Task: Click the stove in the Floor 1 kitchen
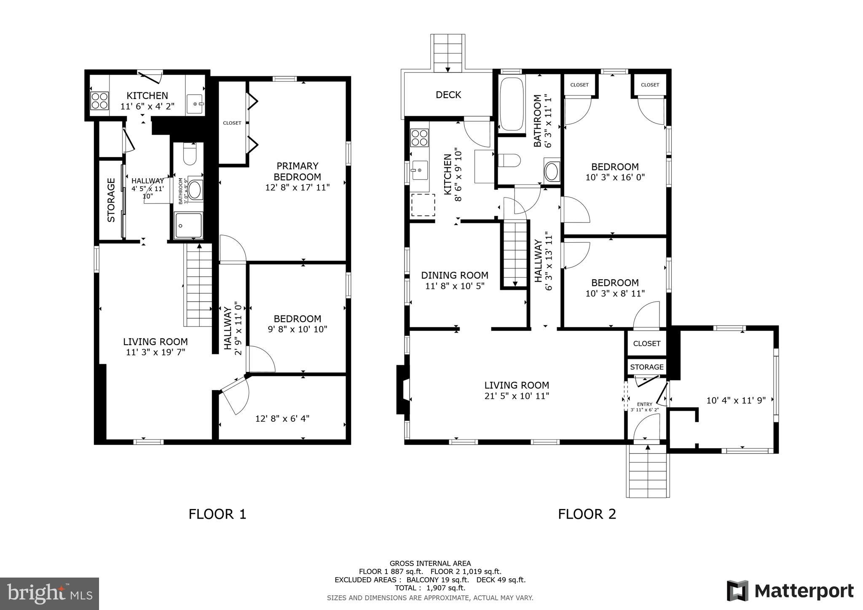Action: [100, 101]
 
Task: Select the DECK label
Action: [448, 95]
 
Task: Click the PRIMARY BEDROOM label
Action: [297, 171]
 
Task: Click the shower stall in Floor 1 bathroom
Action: [188, 225]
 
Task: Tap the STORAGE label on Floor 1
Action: [111, 200]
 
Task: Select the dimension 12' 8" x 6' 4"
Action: [282, 418]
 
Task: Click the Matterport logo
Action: [790, 591]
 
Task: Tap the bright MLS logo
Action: [49, 594]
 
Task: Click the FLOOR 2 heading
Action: [587, 514]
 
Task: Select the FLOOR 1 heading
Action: [217, 514]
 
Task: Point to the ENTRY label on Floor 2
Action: [644, 404]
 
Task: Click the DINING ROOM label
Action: [455, 275]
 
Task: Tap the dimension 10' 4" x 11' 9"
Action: [736, 400]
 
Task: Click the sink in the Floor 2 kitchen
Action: [420, 170]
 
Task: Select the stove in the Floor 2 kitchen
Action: [419, 138]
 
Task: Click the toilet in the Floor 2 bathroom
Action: [509, 161]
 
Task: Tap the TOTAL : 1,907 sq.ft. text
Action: [430, 588]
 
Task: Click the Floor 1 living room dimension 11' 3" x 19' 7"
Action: [155, 352]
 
